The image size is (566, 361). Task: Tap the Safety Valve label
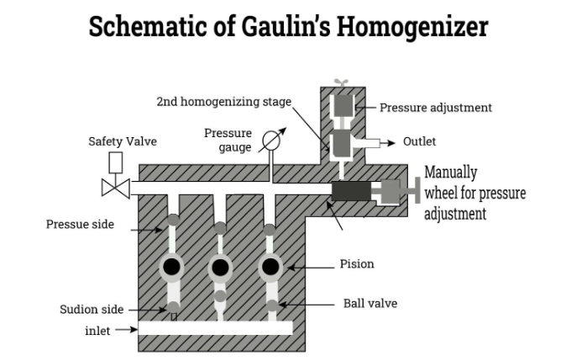pos(123,141)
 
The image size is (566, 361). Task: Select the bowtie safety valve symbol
pos(115,187)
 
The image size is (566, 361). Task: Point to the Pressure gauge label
pos(228,141)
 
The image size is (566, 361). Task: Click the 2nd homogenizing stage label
pos(224,102)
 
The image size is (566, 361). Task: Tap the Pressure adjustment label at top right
pos(435,108)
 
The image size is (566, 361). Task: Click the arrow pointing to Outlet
pos(385,142)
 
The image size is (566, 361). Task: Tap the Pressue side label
pos(80,225)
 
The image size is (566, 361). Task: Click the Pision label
pos(357,264)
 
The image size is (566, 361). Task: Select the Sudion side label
pos(92,309)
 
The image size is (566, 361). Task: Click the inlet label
pos(97,330)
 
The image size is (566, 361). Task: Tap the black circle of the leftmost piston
pos(172,268)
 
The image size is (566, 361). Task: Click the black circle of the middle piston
pos(220,268)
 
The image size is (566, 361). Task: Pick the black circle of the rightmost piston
pos(270,268)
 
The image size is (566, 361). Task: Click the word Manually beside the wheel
pos(450,173)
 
